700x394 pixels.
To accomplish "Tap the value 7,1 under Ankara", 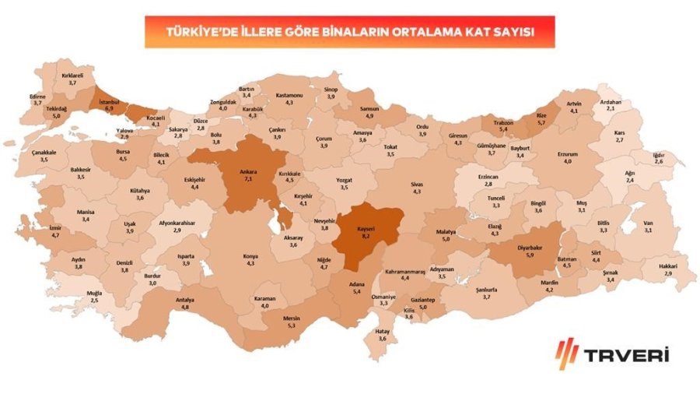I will click(x=249, y=178).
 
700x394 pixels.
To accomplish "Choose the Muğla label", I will click(x=94, y=292).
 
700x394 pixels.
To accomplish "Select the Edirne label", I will click(x=37, y=96).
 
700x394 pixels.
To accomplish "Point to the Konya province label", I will click(x=250, y=255).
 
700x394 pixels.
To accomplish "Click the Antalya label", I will click(x=185, y=299).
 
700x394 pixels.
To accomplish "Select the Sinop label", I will click(x=331, y=89).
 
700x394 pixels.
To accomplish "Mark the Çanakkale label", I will click(x=44, y=152).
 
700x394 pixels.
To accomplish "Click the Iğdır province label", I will click(x=658, y=154).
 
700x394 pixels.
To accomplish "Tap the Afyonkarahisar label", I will click(x=177, y=223).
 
